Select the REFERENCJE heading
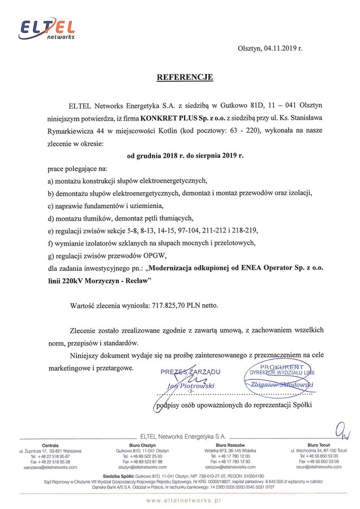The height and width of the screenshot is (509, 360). click(x=185, y=77)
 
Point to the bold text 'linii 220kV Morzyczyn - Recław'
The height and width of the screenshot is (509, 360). click(x=100, y=280)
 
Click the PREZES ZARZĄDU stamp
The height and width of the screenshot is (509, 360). click(x=190, y=372)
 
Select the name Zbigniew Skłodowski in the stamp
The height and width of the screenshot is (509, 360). click(x=282, y=385)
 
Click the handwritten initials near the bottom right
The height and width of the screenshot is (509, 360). click(x=342, y=431)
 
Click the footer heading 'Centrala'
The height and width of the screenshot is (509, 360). click(x=50, y=446)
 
